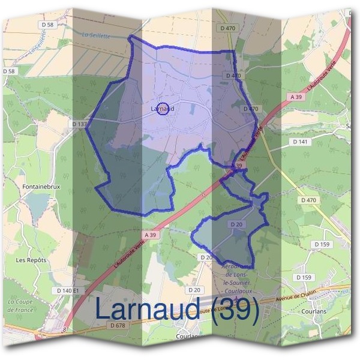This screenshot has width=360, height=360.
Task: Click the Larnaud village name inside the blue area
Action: [163, 109]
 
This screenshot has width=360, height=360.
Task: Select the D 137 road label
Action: [79, 124]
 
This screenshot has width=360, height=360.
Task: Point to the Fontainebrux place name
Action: [39, 187]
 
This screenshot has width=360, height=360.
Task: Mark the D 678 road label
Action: [118, 325]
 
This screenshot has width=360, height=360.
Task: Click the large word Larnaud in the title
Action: [150, 310]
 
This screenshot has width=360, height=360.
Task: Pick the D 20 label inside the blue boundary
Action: [236, 224]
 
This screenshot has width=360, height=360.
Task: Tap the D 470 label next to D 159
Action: [309, 200]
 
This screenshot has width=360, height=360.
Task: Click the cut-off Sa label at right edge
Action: [349, 126]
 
